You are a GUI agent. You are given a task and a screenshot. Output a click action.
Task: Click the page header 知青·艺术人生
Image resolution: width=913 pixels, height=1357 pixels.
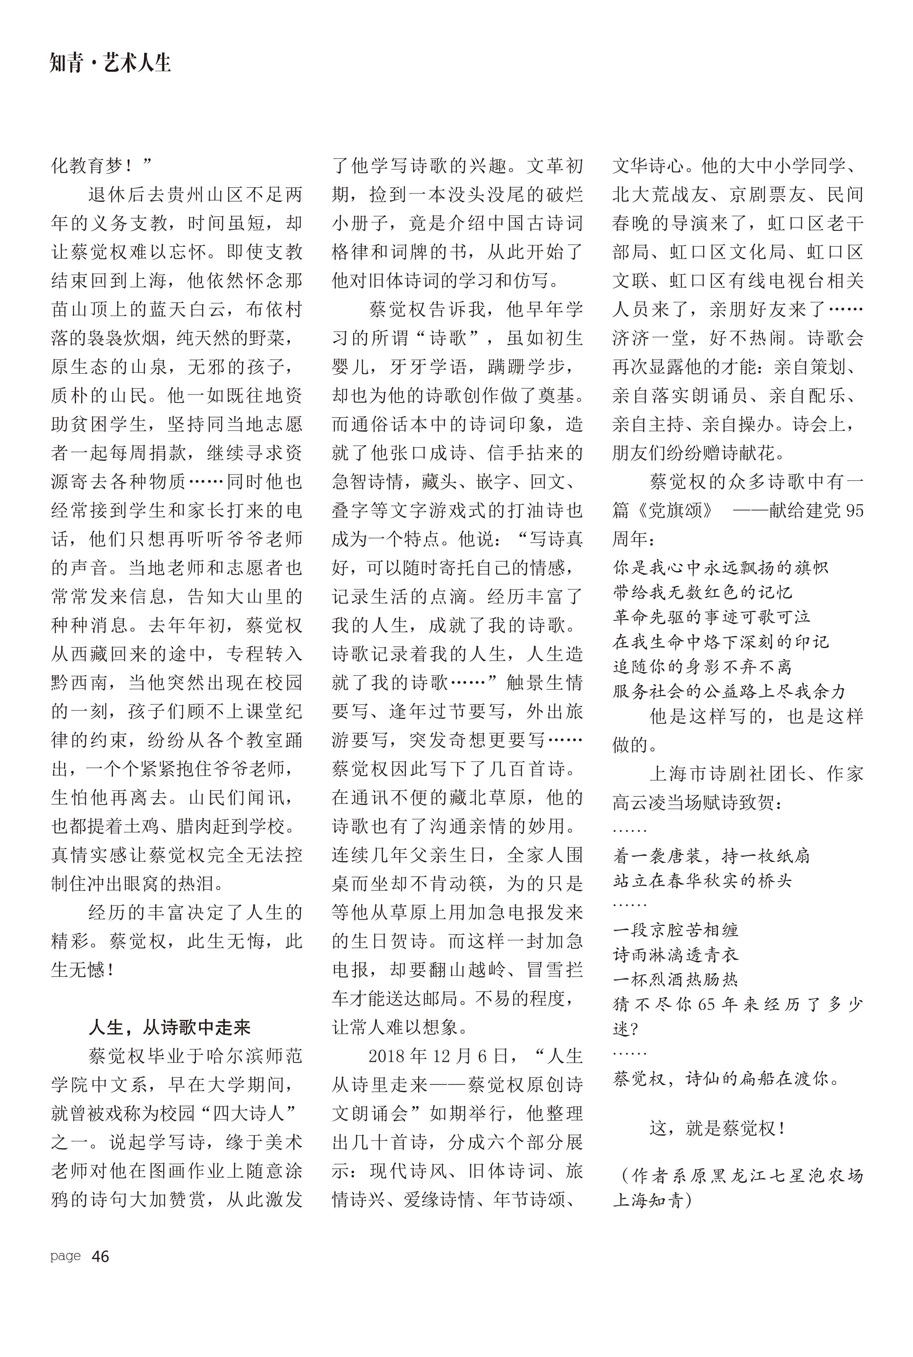tap(110, 63)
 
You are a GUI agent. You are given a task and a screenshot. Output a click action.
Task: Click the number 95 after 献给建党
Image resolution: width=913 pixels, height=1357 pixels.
tap(854, 511)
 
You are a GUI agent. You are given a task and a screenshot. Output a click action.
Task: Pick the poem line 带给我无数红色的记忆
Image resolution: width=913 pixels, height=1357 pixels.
tap(702, 592)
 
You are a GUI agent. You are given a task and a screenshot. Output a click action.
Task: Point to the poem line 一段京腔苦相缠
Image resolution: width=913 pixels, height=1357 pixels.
tap(675, 930)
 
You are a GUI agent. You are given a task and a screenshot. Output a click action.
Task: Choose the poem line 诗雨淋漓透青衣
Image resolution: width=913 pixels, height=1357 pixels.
tap(675, 955)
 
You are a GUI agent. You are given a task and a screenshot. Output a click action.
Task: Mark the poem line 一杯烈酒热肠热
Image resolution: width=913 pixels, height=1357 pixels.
tap(675, 980)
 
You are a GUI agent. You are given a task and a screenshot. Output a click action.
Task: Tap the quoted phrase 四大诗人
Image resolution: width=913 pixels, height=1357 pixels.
tap(247, 1113)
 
